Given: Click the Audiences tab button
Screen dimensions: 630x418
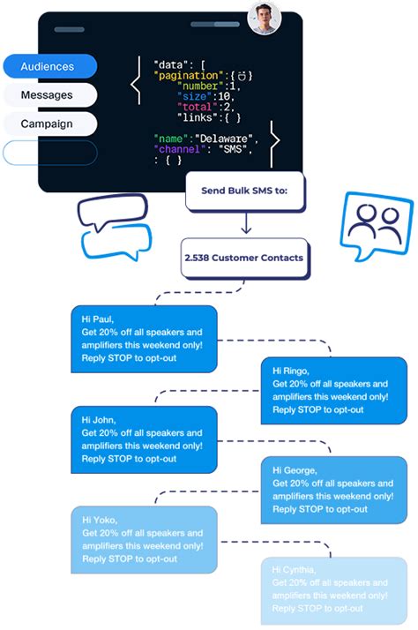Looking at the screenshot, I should click(49, 66).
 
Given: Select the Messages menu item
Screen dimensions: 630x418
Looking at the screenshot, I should click(49, 94).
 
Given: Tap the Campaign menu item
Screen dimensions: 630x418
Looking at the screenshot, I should click(49, 124).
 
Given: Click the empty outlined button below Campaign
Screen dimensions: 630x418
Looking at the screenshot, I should click(49, 152).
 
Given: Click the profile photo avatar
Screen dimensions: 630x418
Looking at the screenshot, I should click(264, 18).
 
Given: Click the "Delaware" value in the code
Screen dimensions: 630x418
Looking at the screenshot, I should click(227, 139).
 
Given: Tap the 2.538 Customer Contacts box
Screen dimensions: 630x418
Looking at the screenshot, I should click(244, 258).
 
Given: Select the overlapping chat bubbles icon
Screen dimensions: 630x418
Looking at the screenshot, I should click(112, 228).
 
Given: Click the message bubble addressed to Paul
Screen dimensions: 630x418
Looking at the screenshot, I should click(143, 338).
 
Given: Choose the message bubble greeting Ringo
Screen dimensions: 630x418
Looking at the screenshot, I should click(334, 390).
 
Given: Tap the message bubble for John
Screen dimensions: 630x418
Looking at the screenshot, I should click(143, 439).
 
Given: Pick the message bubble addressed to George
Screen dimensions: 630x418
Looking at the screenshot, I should click(334, 490).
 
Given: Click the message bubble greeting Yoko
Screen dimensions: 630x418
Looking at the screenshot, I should click(143, 539).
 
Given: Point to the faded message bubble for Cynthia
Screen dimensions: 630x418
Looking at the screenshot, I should click(334, 589).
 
